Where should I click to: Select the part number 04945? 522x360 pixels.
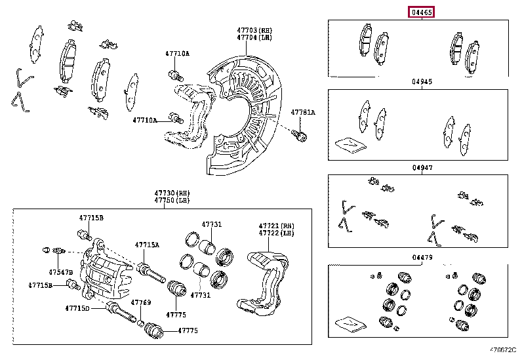422,82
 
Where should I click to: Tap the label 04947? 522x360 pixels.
422,169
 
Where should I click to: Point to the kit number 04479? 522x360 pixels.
422,257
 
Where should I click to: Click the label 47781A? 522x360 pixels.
303,112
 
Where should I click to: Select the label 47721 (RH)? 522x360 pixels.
275,225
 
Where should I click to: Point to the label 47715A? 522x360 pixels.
147,245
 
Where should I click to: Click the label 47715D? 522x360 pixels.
77,308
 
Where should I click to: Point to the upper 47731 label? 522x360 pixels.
211,224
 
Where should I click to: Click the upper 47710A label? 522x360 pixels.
176,53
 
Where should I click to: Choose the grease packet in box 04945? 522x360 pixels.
348,144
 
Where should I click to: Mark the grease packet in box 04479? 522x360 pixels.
348,323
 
